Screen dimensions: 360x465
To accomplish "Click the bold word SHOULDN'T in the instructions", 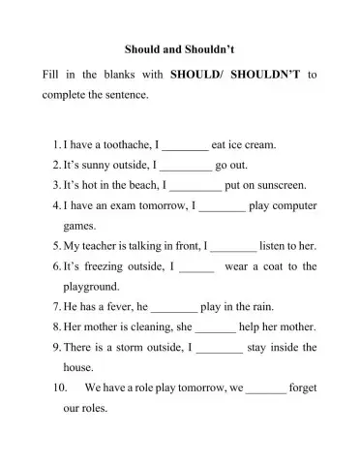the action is pyautogui.click(x=263, y=74).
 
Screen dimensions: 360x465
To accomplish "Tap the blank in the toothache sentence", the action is pyautogui.click(x=184, y=145).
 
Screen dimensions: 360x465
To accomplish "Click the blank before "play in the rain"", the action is pyautogui.click(x=175, y=308).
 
